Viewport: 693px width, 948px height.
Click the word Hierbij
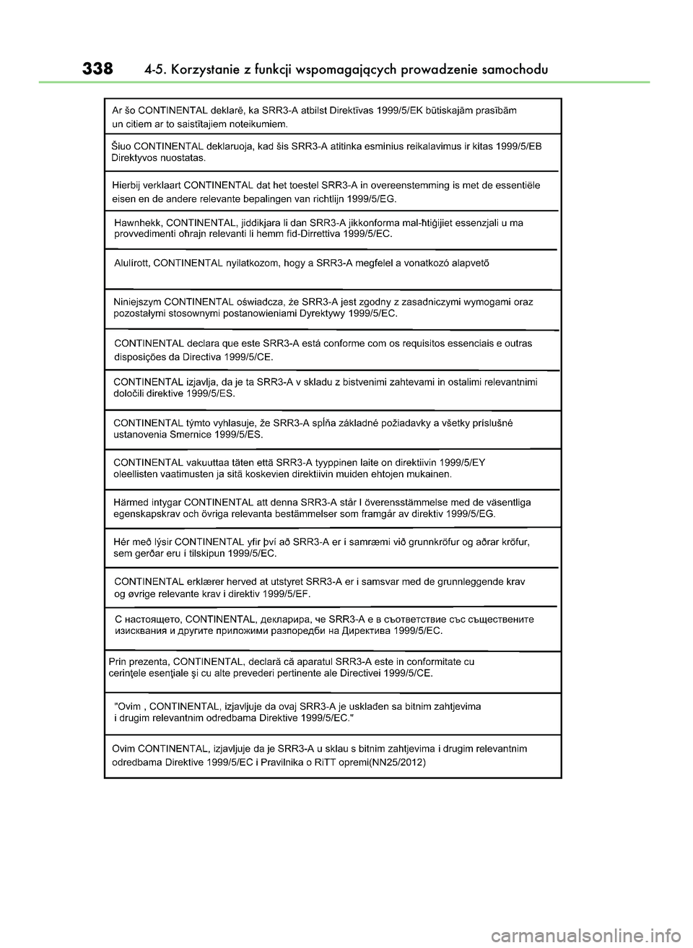pos(129,185)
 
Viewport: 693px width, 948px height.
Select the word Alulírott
pos(132,262)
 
